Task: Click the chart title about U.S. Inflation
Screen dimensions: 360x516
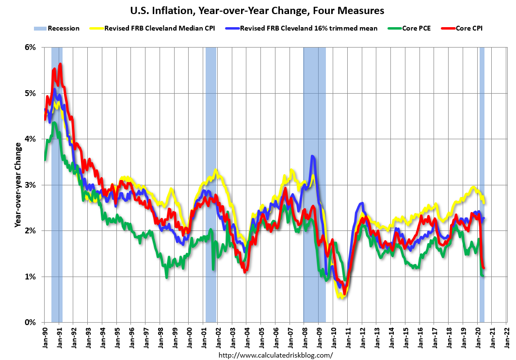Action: coord(258,10)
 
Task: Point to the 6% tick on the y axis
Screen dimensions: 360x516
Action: coord(31,48)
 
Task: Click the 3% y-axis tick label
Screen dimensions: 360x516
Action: coord(31,185)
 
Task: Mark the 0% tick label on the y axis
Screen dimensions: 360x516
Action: coord(31,323)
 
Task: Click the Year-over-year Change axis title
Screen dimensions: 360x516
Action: coord(17,185)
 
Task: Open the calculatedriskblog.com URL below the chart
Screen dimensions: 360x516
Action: coord(276,355)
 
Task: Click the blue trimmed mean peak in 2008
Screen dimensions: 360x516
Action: coord(312,156)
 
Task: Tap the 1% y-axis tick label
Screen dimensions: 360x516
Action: coord(31,277)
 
